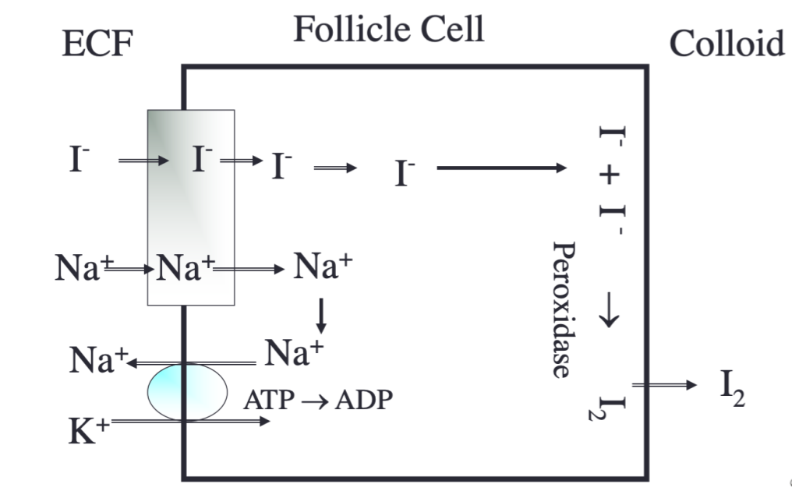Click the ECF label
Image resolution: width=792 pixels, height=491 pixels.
click(x=97, y=46)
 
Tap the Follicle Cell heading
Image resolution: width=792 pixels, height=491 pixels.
click(x=388, y=30)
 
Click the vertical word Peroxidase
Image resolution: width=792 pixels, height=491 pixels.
click(x=563, y=309)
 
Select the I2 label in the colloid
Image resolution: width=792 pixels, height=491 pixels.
click(x=732, y=390)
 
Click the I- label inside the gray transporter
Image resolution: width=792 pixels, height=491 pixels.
click(x=201, y=160)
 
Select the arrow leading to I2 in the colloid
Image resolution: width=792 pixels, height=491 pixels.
click(x=663, y=385)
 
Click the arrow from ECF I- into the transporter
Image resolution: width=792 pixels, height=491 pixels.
click(x=143, y=161)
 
